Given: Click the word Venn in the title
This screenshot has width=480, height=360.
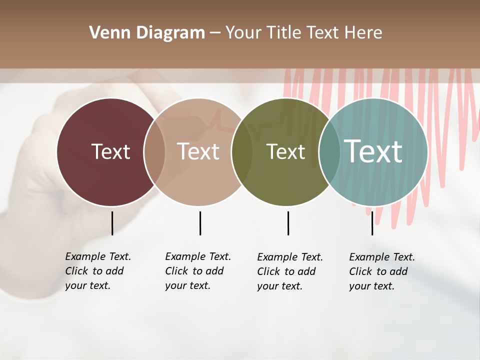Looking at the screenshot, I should [105, 33].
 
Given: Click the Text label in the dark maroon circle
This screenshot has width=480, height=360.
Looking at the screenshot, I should [110, 151].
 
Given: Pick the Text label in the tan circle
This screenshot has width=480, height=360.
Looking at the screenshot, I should [198, 151].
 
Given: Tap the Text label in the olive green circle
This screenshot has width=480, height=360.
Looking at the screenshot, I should [285, 151].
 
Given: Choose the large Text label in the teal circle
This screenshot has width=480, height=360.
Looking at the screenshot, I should [373, 151].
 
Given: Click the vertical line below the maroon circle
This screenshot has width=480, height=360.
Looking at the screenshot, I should [112, 223].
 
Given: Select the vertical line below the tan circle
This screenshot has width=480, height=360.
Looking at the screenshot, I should [200, 223].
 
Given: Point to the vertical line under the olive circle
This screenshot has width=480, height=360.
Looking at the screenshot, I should [288, 223].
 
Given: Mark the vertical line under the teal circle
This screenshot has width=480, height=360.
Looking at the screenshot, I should [372, 223].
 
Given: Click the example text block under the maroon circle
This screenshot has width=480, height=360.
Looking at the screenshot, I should [98, 271].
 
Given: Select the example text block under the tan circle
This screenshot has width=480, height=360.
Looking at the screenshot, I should [198, 271].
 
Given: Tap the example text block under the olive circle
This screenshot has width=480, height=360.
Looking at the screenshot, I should [290, 271].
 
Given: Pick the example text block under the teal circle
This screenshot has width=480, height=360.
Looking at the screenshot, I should [382, 271].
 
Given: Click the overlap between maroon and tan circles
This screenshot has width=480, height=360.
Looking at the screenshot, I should [154, 152].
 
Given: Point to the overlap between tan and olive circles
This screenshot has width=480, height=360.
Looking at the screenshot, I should [242, 152].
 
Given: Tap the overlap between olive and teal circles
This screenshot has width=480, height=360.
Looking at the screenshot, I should [329, 152].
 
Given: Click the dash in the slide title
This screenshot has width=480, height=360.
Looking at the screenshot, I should [215, 33].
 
